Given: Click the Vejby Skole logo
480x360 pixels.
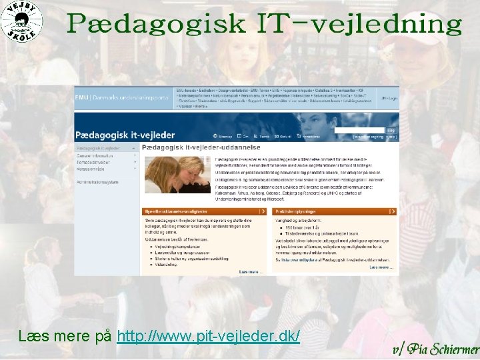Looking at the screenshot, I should pyautogui.click(x=22, y=21).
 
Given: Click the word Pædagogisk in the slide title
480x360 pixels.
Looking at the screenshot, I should pyautogui.click(x=156, y=25).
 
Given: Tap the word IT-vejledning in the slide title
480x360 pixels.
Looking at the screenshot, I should pyautogui.click(x=359, y=25).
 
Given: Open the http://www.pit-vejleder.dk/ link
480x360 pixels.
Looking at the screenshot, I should pyautogui.click(x=208, y=335).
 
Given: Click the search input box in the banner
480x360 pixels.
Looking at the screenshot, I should pyautogui.click(x=359, y=130).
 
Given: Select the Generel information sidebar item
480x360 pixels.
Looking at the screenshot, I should pyautogui.click(x=95, y=156).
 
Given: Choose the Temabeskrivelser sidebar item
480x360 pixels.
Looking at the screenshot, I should pyautogui.click(x=94, y=162).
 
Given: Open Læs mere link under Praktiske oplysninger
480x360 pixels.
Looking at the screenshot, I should pyautogui.click(x=381, y=267).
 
